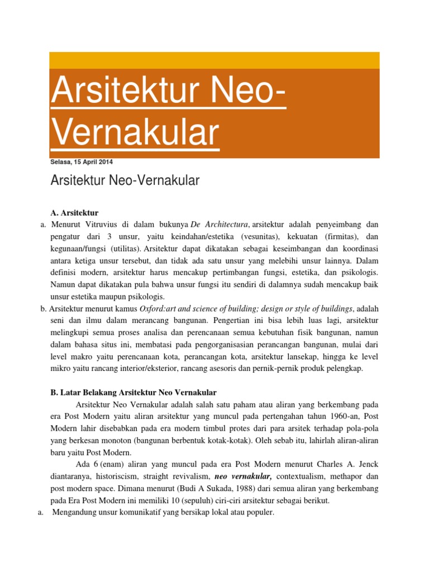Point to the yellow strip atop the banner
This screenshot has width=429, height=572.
click(x=214, y=60)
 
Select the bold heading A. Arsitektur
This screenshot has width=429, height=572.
click(x=74, y=213)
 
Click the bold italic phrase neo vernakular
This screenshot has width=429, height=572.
click(x=243, y=476)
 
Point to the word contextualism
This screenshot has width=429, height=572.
click(x=303, y=476)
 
